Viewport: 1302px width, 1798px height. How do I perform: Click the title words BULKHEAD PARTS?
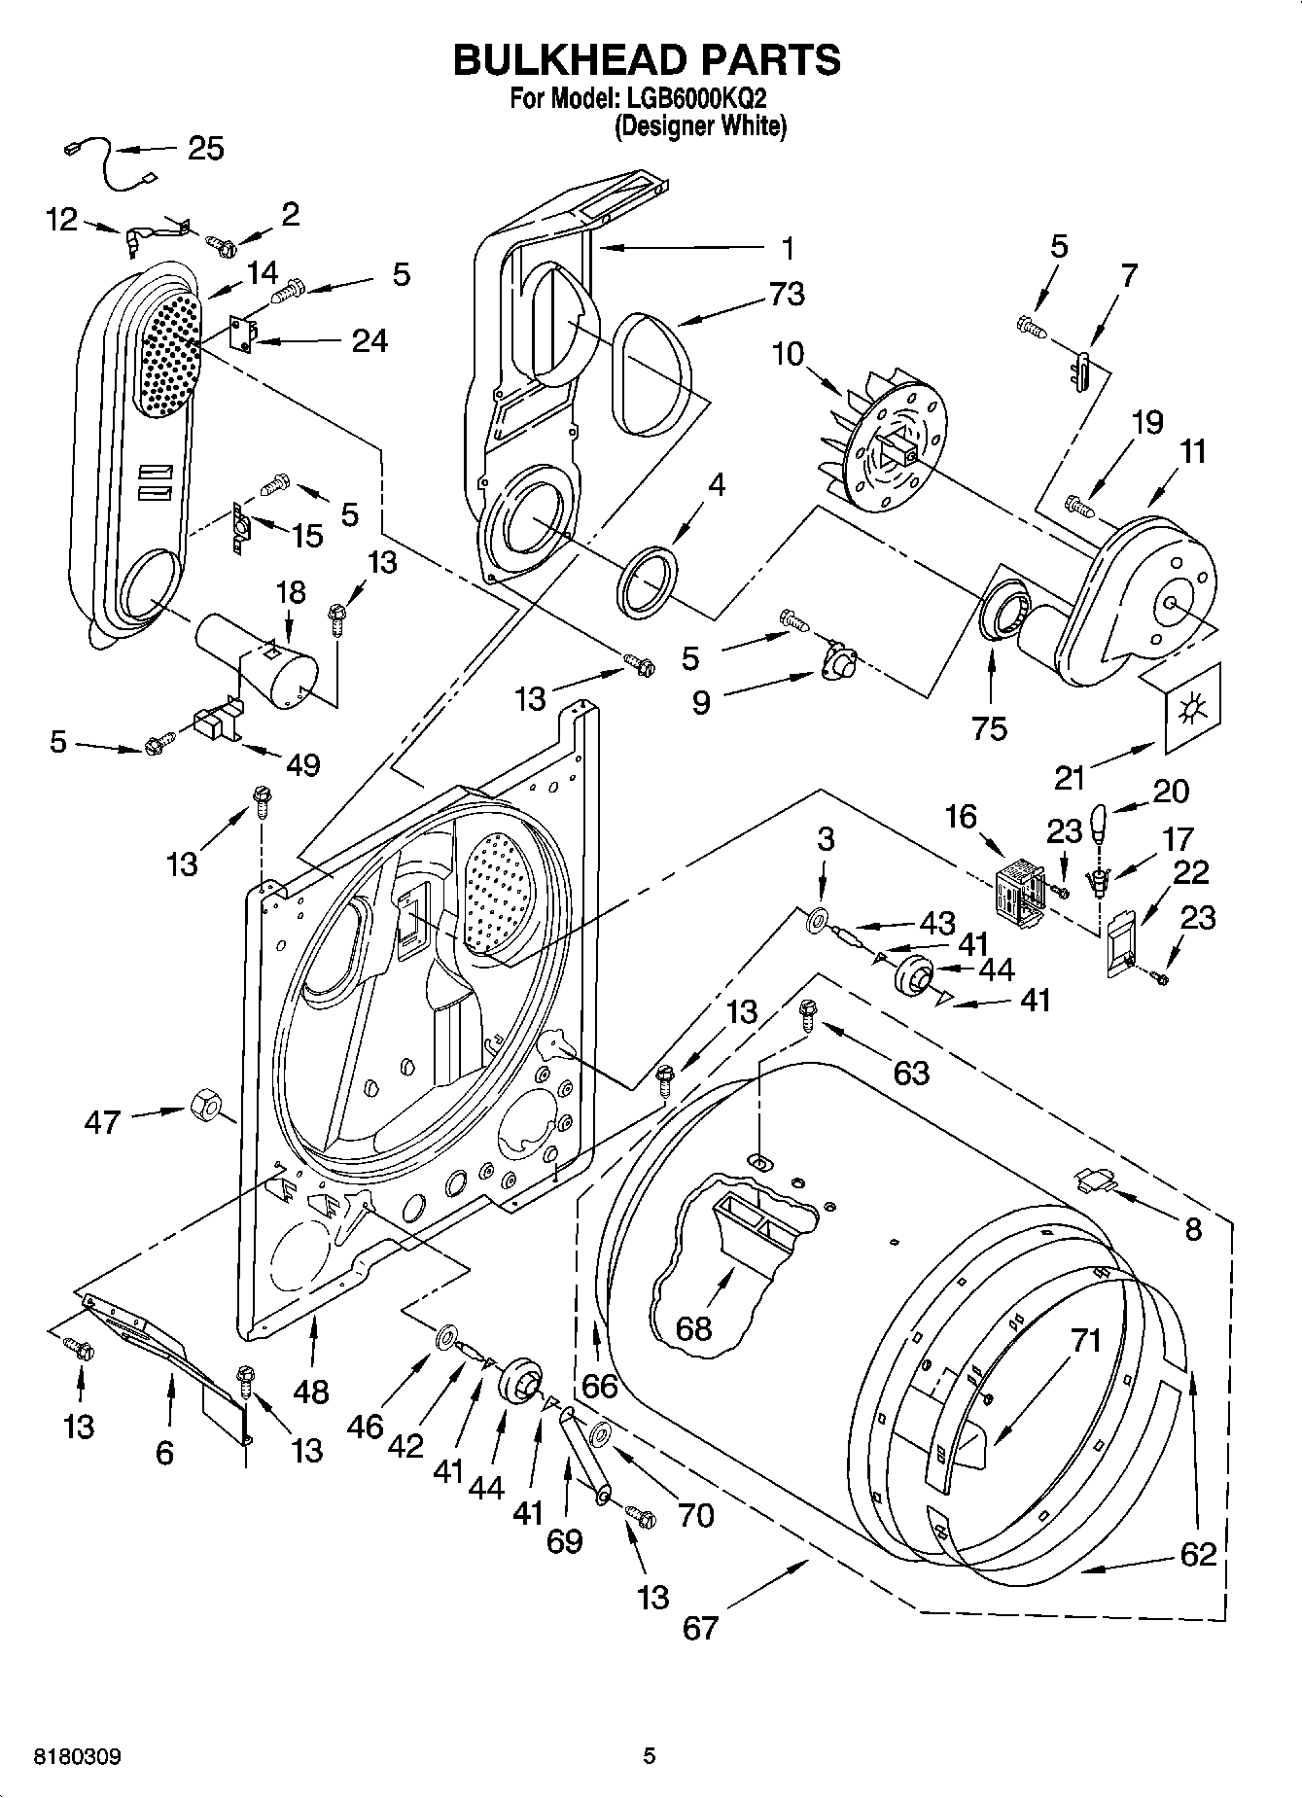[x=647, y=60]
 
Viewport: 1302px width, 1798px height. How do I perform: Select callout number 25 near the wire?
[x=205, y=148]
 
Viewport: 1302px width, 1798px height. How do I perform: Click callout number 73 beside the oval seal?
[x=787, y=293]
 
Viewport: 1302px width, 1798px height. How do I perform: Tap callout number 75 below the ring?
[x=990, y=727]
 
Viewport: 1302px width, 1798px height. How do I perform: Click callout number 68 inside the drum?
[x=693, y=1327]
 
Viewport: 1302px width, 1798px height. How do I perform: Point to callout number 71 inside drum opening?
[x=1085, y=1341]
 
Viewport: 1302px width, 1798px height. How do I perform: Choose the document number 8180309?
[x=78, y=1756]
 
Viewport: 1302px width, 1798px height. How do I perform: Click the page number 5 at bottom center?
[x=650, y=1756]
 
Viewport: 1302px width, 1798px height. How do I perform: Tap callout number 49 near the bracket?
[x=303, y=765]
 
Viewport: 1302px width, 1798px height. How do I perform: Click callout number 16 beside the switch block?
[x=961, y=816]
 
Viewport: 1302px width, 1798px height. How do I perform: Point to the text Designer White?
[x=700, y=125]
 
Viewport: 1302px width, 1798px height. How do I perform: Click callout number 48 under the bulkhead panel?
[x=311, y=1392]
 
